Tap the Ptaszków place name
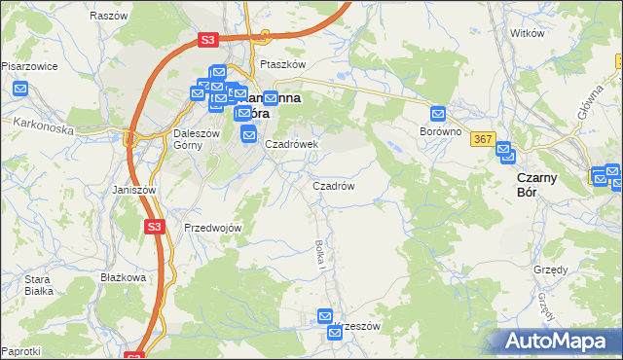[283, 64]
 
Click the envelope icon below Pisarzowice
[21, 89]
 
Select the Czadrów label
[332, 185]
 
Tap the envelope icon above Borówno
[438, 113]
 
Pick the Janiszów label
[134, 190]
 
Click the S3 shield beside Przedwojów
[154, 226]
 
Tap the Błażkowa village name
[123, 277]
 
